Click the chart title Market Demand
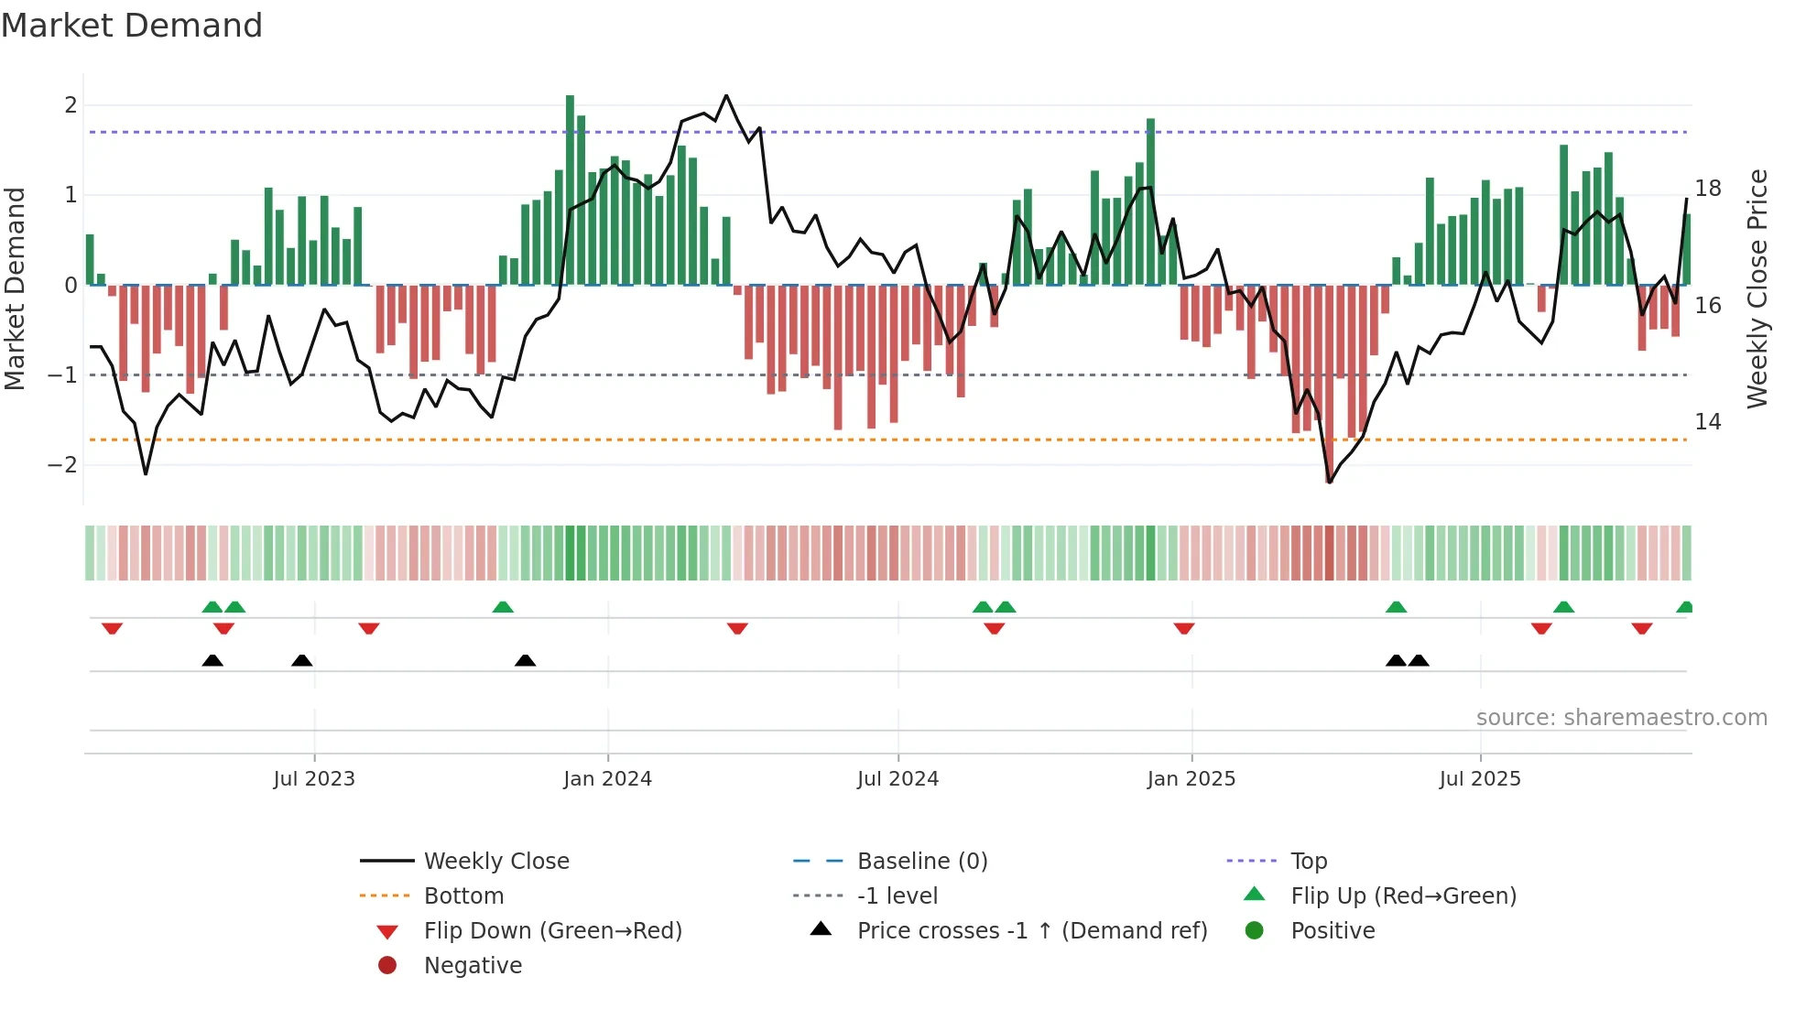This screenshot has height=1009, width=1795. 132,26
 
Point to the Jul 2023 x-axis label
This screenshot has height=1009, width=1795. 313,779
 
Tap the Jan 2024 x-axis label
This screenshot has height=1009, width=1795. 607,779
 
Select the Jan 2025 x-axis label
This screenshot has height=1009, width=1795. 1191,779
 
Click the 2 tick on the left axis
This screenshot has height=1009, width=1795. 71,105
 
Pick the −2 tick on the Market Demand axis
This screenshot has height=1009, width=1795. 63,465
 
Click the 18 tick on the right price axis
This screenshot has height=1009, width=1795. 1708,189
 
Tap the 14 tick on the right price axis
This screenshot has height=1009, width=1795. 1708,422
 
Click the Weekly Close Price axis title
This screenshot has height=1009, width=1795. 1757,288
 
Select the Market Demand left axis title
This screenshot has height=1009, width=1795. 16,288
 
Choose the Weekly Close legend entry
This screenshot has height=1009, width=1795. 495,862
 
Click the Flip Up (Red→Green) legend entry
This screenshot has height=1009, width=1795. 1403,896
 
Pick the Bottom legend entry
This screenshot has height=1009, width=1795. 463,896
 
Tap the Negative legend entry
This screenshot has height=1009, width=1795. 473,966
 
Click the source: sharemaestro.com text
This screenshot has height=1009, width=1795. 1621,718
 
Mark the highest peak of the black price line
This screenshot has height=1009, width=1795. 726,95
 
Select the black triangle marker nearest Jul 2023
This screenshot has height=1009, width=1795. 301,661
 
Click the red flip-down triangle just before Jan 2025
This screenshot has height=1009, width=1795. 1184,628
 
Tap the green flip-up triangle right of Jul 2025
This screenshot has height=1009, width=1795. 1563,607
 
